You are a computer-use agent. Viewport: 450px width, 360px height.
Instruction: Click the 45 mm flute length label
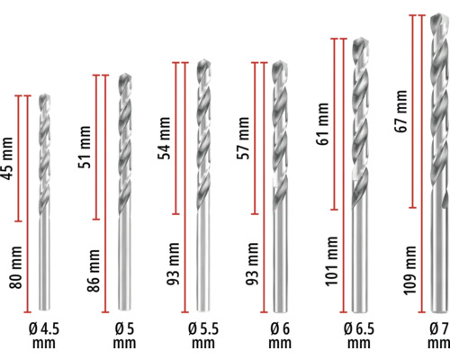click(x=7, y=158)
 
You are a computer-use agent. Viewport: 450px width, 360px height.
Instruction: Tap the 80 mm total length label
click(x=15, y=267)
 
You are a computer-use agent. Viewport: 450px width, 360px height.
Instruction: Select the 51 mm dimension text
click(x=85, y=147)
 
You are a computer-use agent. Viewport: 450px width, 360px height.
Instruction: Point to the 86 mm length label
click(x=94, y=271)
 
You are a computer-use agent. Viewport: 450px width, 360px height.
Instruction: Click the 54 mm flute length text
click(x=164, y=138)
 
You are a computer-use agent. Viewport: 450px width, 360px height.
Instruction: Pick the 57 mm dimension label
click(x=243, y=138)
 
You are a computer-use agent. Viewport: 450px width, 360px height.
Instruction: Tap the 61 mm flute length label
click(x=322, y=124)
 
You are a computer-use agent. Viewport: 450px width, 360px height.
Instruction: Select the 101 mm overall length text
click(x=331, y=261)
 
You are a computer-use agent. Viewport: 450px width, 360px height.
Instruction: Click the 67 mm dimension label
click(x=400, y=111)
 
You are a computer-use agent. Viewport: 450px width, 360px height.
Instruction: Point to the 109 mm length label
click(x=409, y=270)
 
